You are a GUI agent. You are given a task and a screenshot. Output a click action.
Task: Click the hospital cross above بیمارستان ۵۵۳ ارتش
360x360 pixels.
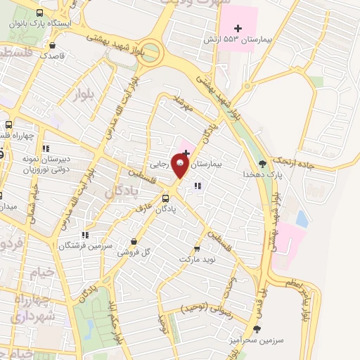tap(237, 29)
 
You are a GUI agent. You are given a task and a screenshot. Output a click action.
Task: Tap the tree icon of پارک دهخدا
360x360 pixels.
tap(262, 164)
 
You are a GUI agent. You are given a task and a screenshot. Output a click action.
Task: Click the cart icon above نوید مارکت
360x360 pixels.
tap(196, 248)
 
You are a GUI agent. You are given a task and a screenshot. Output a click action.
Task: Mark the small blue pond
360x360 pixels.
tap(302, 218)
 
